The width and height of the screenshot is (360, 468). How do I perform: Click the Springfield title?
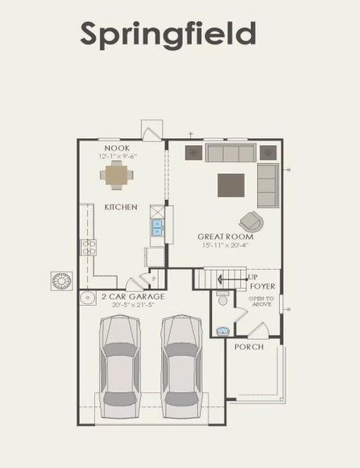tap(168, 34)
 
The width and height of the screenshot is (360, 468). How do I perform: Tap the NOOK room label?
tap(118, 148)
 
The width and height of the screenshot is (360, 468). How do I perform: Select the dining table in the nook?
tap(116, 176)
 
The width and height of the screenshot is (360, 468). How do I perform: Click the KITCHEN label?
tap(121, 207)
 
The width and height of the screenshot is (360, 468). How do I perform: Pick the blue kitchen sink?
tap(157, 227)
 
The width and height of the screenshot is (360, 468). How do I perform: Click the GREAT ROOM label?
tap(221, 236)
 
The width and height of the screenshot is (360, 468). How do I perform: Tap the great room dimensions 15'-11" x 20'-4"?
tap(221, 245)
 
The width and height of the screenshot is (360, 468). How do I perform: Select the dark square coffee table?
tap(231, 186)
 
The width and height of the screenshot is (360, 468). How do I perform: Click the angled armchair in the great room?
tap(251, 222)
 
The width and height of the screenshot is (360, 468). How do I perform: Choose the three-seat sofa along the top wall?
tap(231, 152)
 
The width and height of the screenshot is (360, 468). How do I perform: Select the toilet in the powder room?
tap(222, 298)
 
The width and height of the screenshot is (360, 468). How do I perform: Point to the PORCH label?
tap(249, 346)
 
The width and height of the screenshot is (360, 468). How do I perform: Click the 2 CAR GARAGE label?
tap(132, 297)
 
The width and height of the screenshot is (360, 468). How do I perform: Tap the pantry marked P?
tap(154, 278)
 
